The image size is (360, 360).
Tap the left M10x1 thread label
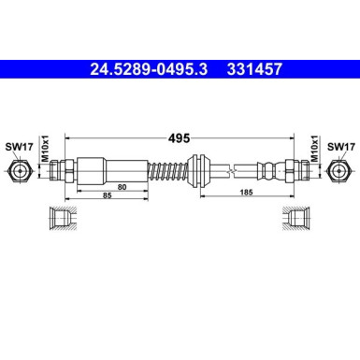click(44, 150)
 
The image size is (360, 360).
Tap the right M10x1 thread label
click(315, 150)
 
